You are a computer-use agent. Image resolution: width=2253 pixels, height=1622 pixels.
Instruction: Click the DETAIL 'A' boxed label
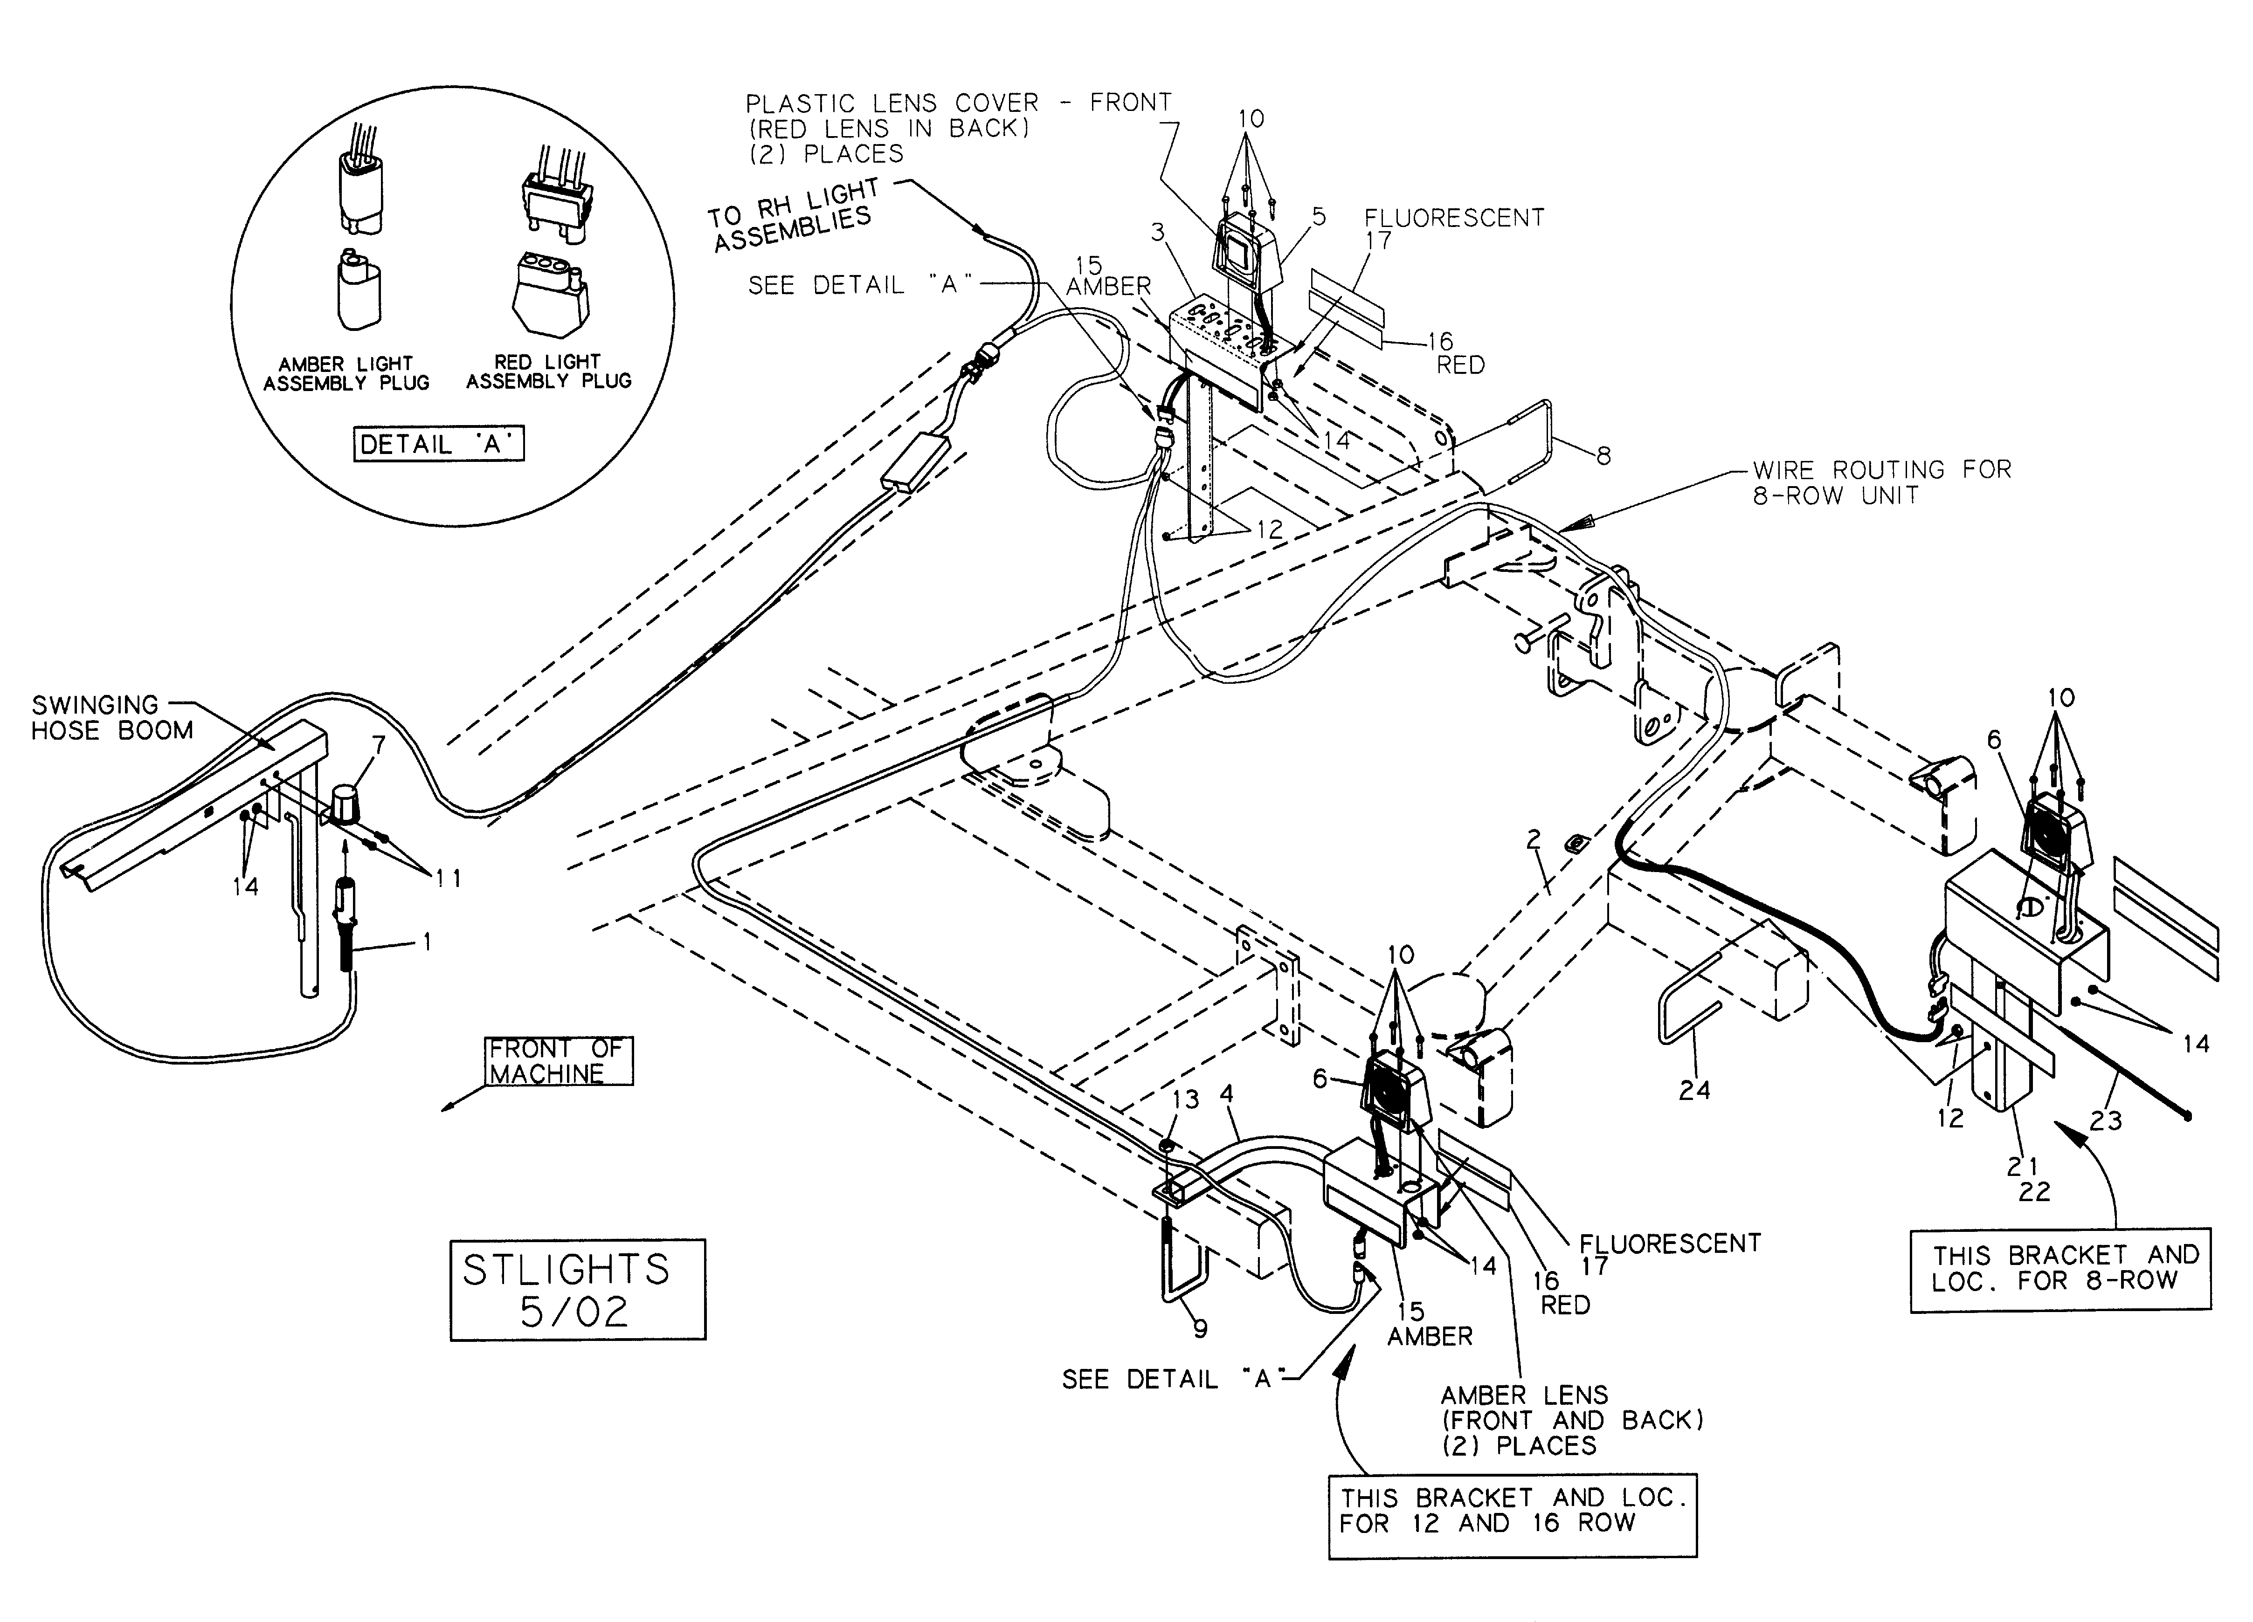tap(438, 444)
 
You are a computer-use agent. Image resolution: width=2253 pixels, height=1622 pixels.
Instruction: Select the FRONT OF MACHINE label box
tap(558, 1061)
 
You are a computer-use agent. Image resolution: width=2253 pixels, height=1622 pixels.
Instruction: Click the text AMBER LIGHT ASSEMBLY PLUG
tap(346, 373)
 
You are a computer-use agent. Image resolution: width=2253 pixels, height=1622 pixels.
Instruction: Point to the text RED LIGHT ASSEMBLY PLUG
tap(548, 371)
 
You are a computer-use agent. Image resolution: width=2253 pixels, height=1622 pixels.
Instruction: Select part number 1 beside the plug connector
tap(427, 941)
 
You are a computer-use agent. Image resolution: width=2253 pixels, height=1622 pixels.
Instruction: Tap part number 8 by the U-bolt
tap(1603, 456)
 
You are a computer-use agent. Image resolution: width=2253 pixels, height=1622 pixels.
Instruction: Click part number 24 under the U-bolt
tap(1694, 1090)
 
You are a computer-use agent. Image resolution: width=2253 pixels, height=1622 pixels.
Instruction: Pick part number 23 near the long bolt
tap(2105, 1120)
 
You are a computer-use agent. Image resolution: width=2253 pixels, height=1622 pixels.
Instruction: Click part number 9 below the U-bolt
tap(1200, 1328)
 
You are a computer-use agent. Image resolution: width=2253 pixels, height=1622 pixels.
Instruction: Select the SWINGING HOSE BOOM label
tap(111, 717)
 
